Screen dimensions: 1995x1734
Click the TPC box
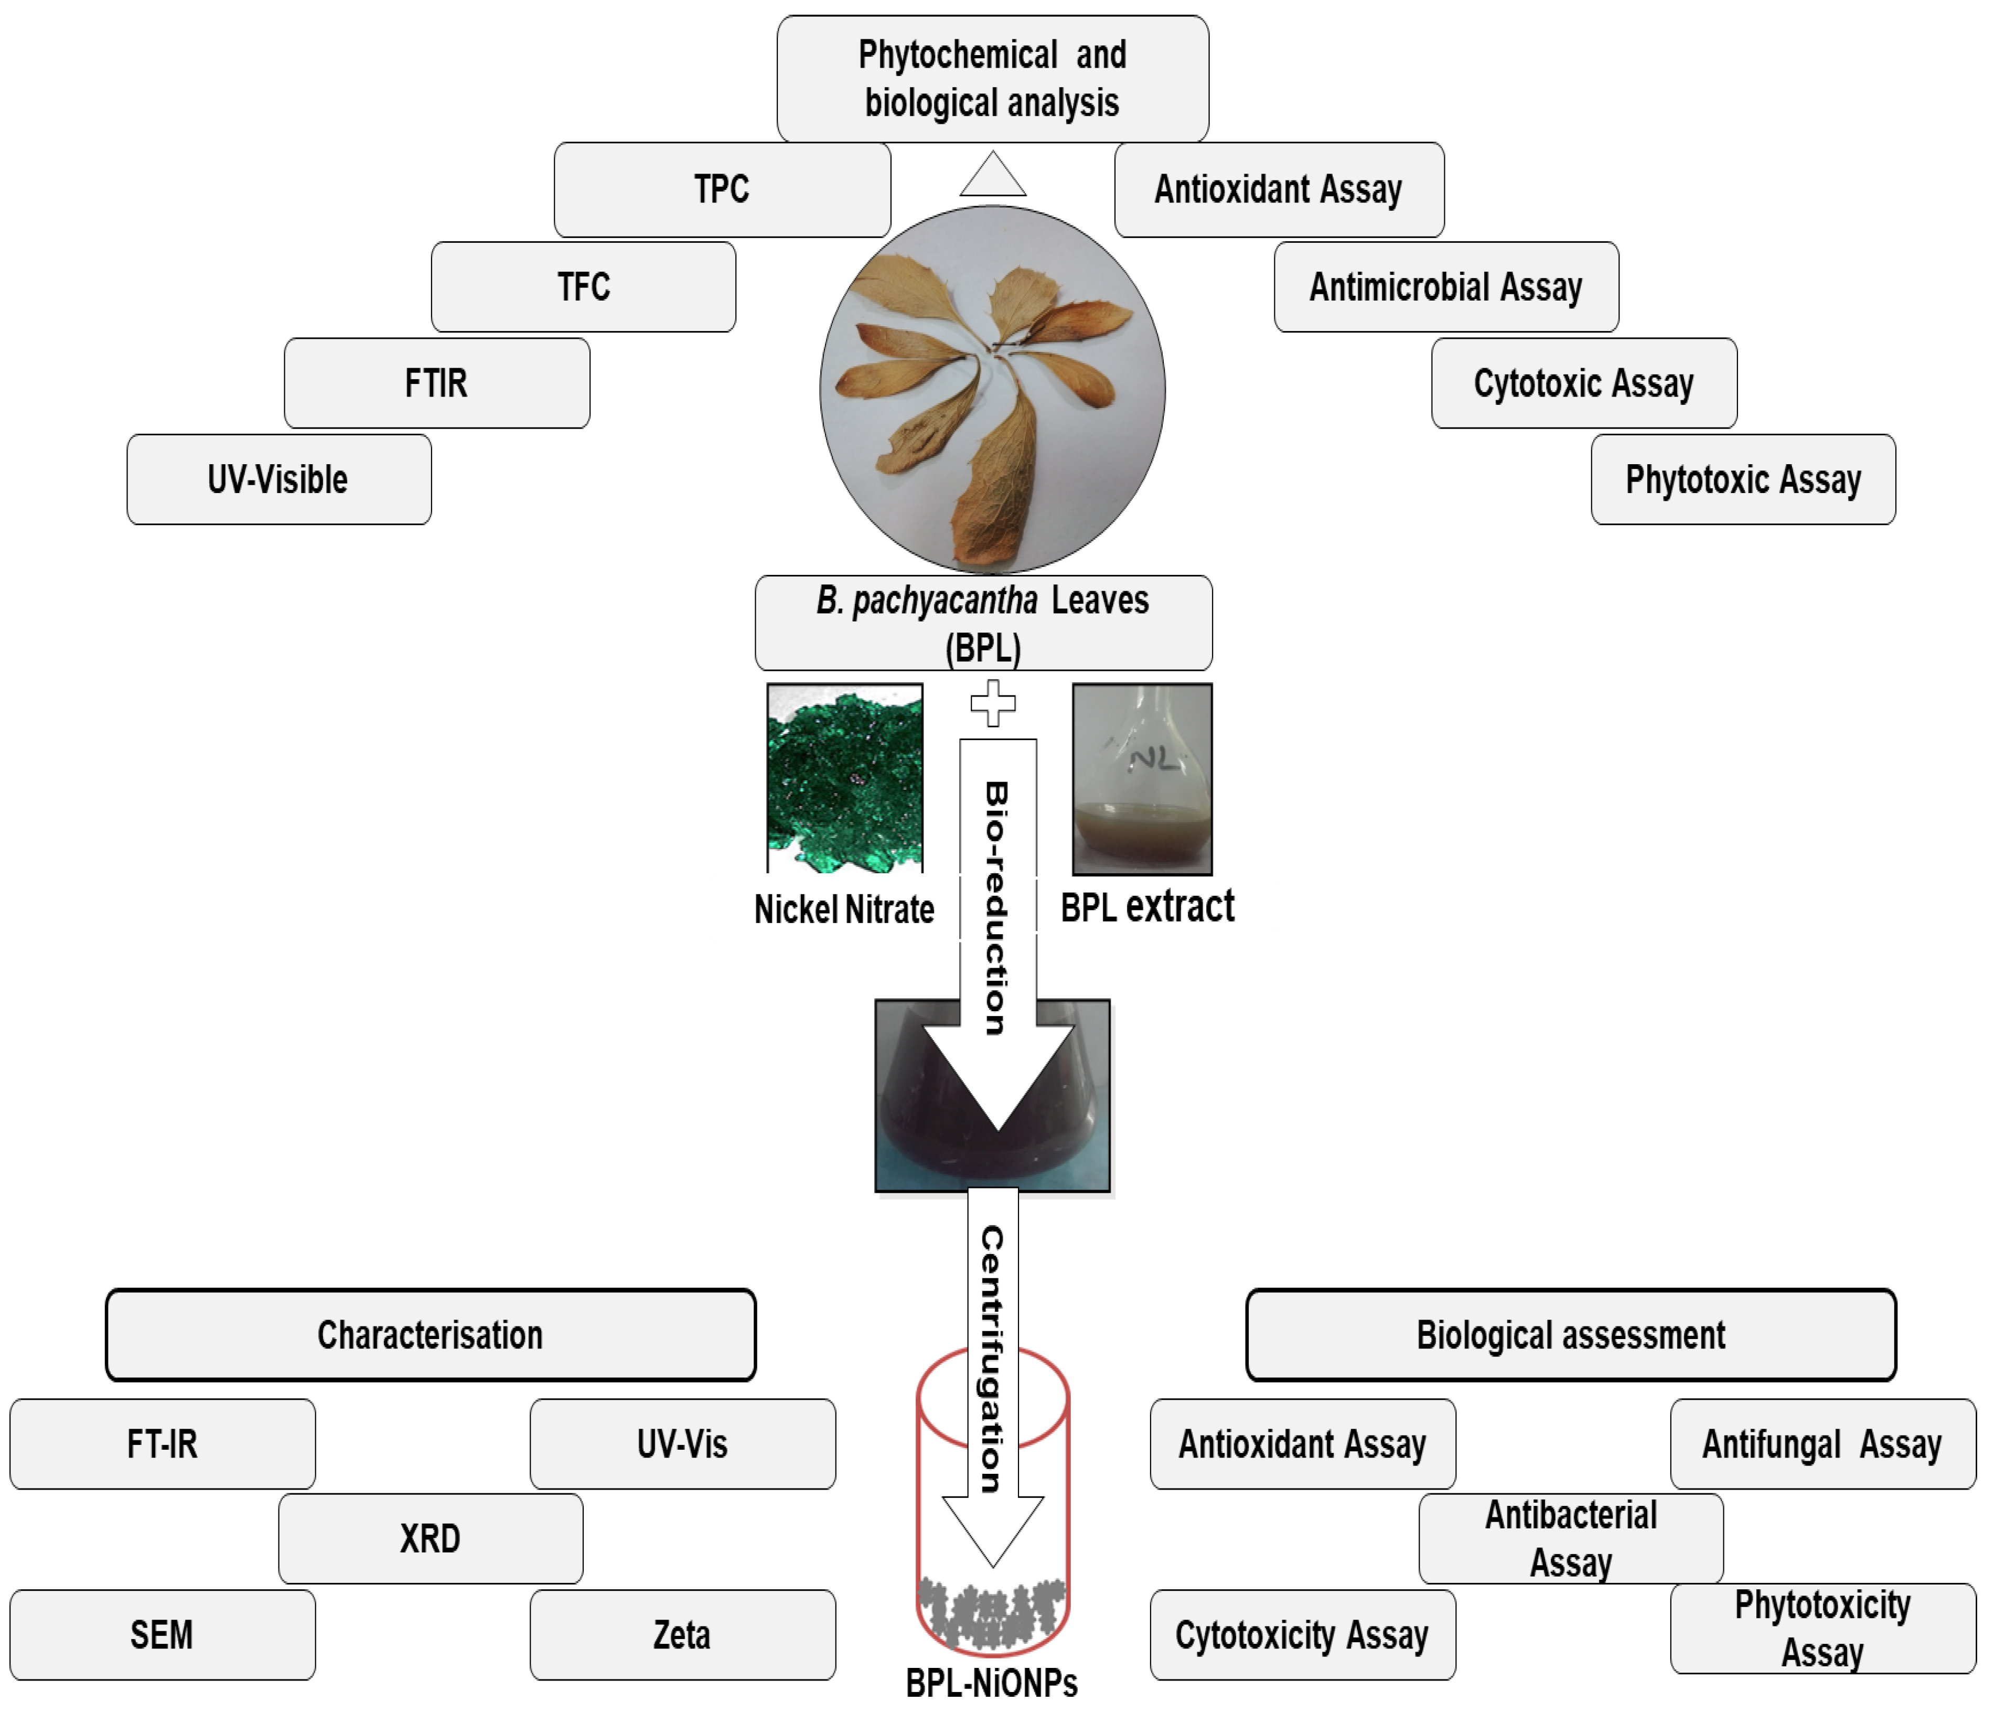click(x=722, y=190)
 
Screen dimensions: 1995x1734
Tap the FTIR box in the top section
click(x=436, y=383)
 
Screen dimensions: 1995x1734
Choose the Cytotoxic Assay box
click(x=1584, y=383)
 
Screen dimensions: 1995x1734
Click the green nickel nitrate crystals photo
click(x=845, y=779)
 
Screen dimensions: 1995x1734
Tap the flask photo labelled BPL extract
click(x=1143, y=779)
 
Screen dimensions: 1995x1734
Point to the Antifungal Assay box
click(x=1823, y=1444)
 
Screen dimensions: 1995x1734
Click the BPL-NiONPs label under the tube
click(x=992, y=1684)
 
